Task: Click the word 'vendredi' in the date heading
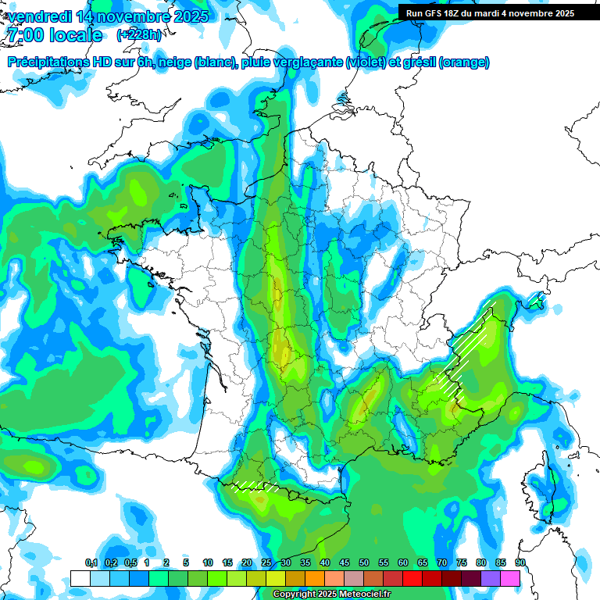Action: [39, 16]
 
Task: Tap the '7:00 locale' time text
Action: [54, 35]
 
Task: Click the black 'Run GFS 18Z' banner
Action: [490, 12]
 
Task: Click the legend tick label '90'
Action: [520, 563]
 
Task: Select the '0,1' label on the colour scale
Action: [91, 563]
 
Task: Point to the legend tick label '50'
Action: [364, 563]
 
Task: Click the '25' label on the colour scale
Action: [266, 563]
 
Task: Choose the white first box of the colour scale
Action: [80, 578]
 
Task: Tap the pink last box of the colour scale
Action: [510, 578]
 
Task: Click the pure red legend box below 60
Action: [412, 578]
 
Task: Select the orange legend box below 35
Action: [315, 578]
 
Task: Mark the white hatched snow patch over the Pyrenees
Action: [255, 486]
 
